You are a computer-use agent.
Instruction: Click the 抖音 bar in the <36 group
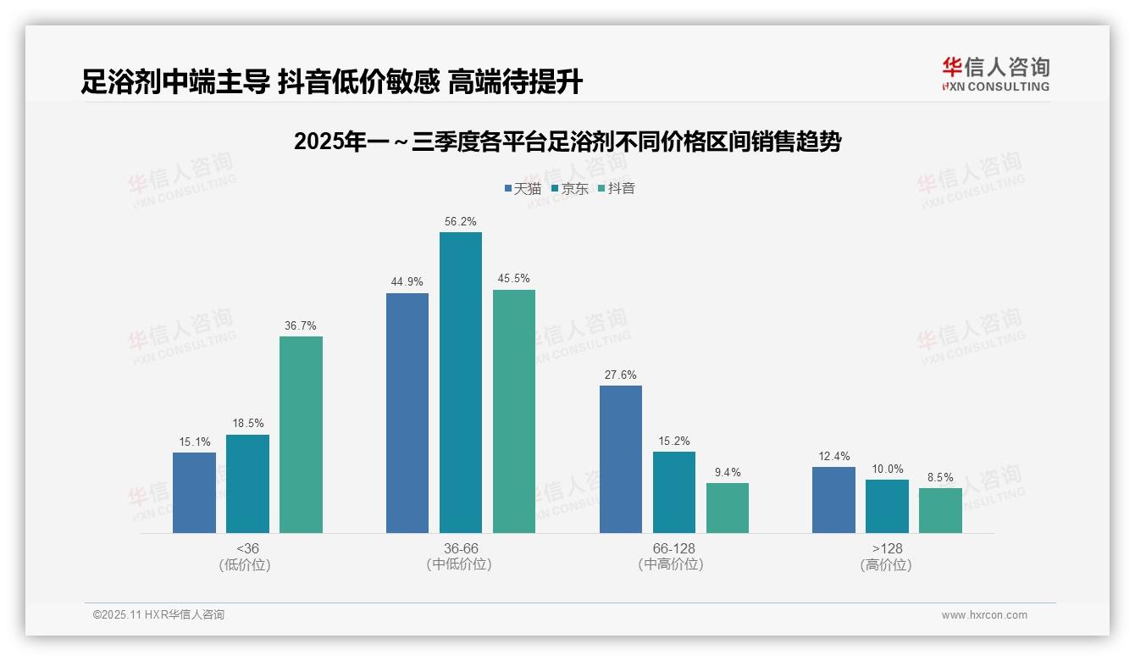click(x=301, y=435)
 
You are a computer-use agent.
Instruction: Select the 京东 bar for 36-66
click(x=460, y=382)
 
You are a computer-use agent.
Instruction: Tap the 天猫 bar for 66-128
click(x=621, y=459)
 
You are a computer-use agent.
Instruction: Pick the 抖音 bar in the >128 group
click(x=940, y=510)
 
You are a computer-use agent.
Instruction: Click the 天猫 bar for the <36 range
click(x=194, y=492)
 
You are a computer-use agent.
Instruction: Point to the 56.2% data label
click(x=460, y=222)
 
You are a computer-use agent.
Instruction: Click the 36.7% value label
click(x=301, y=326)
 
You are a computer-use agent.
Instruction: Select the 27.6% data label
click(x=621, y=375)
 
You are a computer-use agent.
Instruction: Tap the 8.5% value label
click(x=940, y=478)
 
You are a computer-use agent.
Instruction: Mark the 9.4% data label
click(x=727, y=473)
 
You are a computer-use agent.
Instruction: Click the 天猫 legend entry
click(x=523, y=188)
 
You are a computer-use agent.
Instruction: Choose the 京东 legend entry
click(x=570, y=188)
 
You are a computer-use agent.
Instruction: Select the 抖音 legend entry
click(x=617, y=188)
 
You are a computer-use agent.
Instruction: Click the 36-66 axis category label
click(x=460, y=549)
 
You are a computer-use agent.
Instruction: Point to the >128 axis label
click(x=886, y=549)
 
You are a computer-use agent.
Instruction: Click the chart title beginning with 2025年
click(x=567, y=142)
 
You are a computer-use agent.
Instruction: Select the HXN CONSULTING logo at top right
click(x=995, y=75)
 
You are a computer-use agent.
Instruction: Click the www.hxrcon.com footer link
click(x=984, y=615)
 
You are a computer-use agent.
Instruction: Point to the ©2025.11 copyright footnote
click(x=158, y=615)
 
